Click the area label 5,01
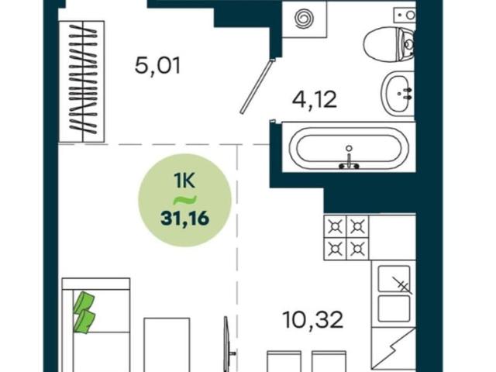157,66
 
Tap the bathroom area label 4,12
315,99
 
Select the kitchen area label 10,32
313,319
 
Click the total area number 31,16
184,219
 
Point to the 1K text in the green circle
184,181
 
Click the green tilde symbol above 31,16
186,200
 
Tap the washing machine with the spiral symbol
304,19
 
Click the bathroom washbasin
398,93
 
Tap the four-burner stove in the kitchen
346,238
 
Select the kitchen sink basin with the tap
394,278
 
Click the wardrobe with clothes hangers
82,81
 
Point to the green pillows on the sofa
84,312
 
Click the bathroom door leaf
257,86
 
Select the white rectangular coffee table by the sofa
167,345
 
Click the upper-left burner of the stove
335,226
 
